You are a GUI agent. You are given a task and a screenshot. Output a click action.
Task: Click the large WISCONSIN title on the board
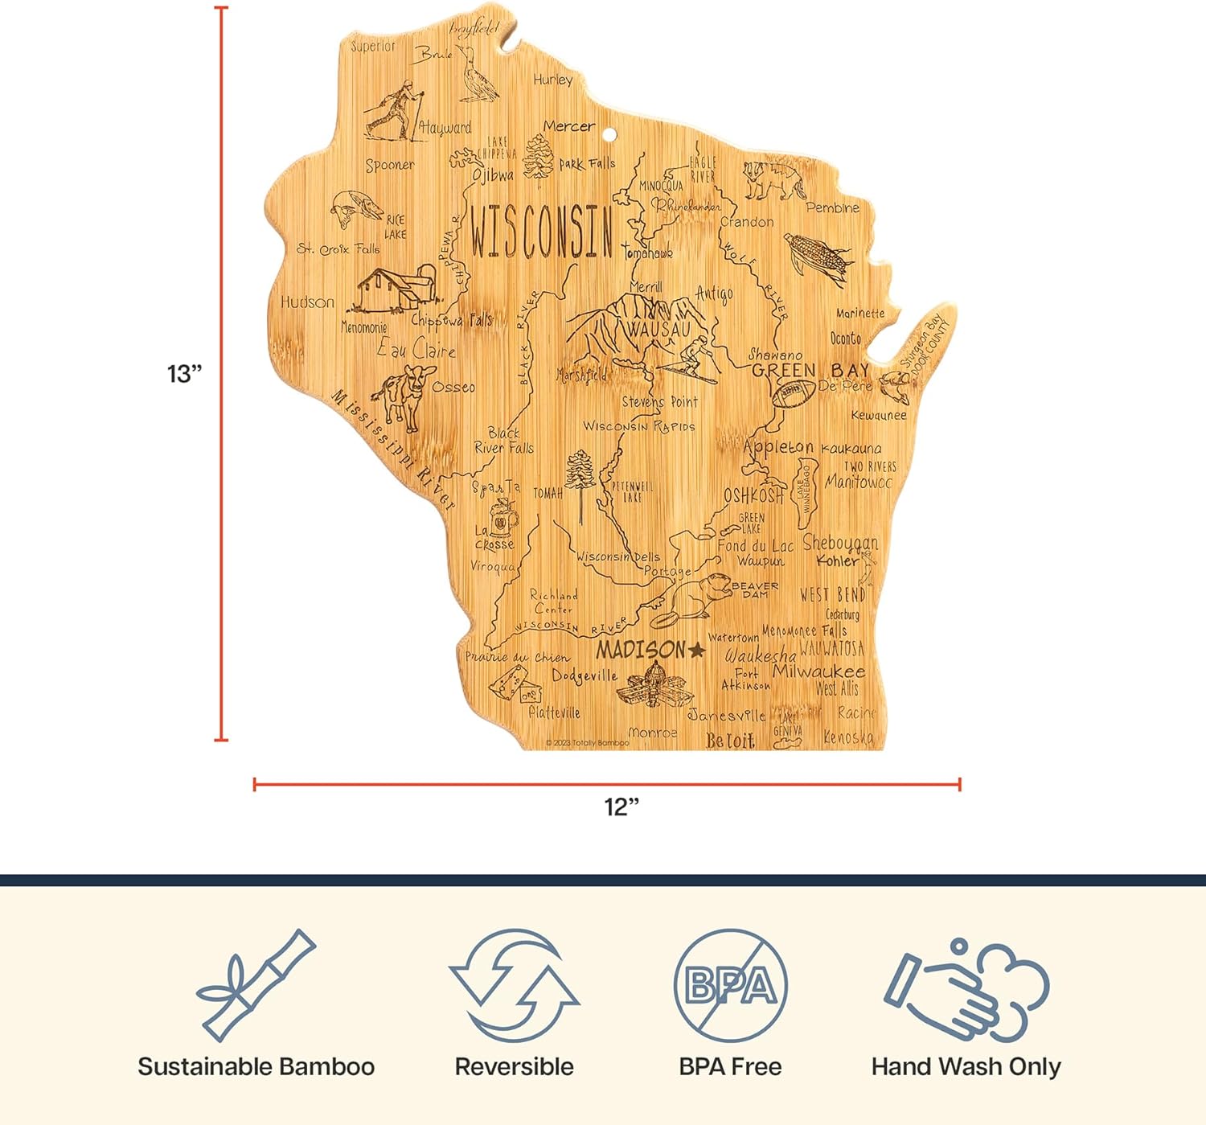click(541, 232)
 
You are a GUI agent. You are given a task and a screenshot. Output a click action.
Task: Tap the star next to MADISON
click(696, 650)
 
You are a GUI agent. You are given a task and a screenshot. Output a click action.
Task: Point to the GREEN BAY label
click(810, 370)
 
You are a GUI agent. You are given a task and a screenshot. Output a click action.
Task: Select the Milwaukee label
click(818, 671)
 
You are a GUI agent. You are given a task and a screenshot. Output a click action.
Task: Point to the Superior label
click(373, 47)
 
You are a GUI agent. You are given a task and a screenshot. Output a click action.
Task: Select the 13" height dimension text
click(184, 374)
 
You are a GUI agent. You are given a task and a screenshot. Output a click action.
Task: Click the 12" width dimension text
click(621, 806)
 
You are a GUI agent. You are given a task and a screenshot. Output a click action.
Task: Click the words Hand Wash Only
click(966, 1066)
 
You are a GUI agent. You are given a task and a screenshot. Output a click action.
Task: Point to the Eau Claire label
click(416, 349)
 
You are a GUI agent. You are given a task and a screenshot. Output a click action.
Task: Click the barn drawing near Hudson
click(395, 289)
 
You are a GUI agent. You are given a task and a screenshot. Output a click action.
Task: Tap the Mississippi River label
click(394, 450)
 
